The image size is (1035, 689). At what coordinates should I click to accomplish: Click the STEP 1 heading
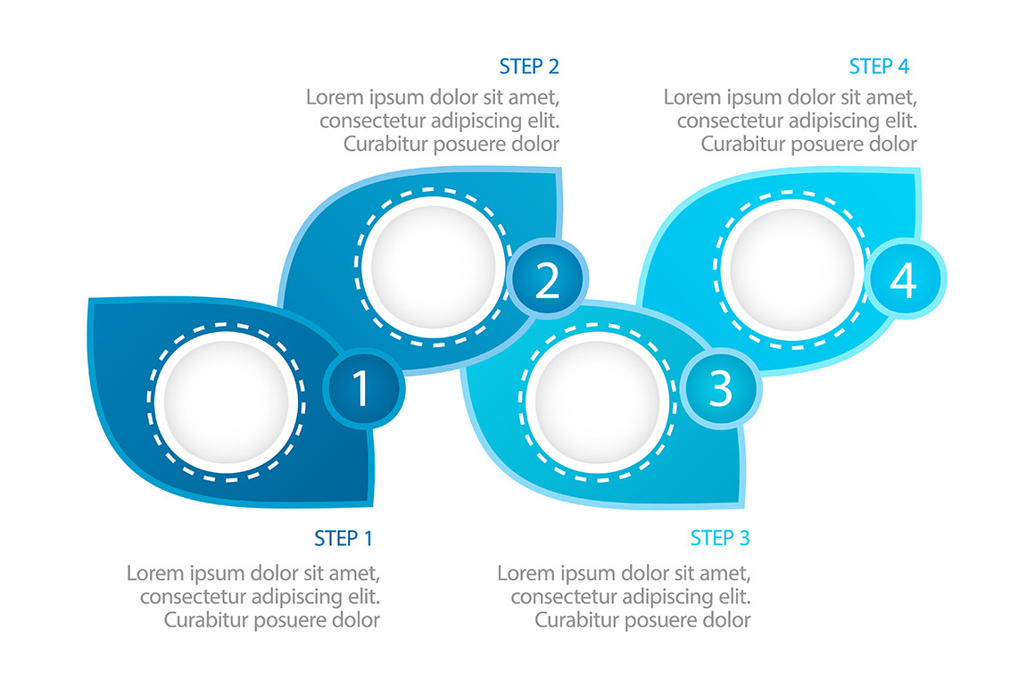pos(343,538)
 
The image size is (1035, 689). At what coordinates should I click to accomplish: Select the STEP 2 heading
pos(529,66)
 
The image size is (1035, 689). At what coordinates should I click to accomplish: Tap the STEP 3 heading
pos(720,538)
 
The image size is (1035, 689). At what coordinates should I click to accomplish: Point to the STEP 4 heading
pos(879,66)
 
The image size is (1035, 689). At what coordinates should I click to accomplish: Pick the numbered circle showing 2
pos(547,280)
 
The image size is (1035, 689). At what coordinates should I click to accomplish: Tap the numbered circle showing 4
pos(904,280)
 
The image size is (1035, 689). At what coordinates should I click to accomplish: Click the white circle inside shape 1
pos(227,403)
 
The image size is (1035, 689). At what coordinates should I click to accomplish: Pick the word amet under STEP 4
pos(892,97)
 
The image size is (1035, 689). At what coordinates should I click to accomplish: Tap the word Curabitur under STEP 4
pos(740,144)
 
